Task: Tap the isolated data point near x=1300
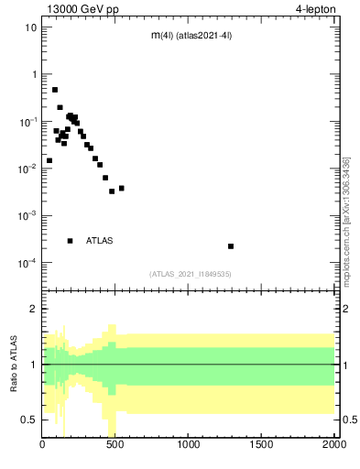point(231,246)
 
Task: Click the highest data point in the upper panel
point(55,90)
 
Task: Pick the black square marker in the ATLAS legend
point(70,241)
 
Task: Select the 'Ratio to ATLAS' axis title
point(15,364)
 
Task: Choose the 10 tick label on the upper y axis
point(31,27)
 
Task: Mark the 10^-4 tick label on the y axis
point(27,263)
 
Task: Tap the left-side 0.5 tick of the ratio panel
point(29,420)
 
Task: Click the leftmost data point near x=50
point(49,160)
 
